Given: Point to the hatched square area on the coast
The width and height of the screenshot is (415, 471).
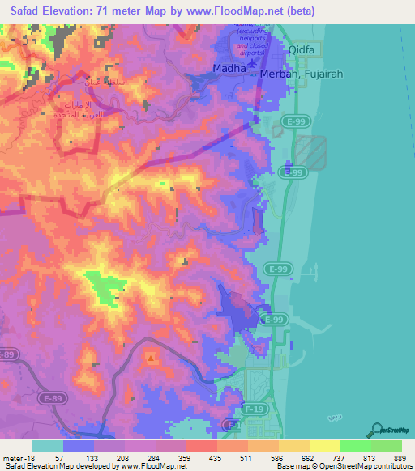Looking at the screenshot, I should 310,151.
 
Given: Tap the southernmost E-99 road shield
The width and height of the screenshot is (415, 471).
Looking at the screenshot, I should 277,320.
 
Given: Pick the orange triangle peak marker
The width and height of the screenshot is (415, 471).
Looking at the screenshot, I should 151,355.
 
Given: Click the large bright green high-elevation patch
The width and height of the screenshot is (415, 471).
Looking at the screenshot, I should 101,286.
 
